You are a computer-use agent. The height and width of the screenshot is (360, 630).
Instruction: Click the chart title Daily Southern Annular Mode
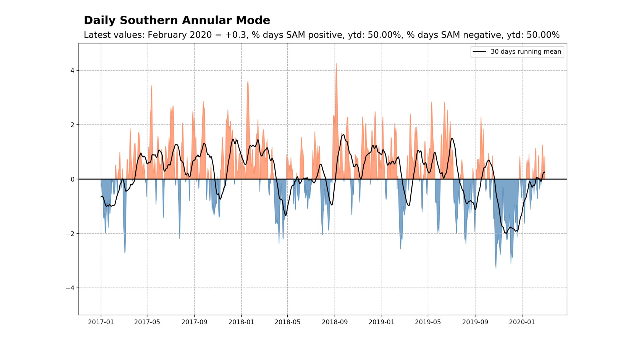coord(177,20)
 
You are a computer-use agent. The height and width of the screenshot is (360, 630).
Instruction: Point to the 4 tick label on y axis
coord(72,70)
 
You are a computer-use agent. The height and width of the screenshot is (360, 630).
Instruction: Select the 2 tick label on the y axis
coord(72,125)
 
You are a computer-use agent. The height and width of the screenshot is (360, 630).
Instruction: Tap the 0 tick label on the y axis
coord(72,179)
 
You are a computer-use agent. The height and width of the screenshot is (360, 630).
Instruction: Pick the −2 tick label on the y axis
coord(70,234)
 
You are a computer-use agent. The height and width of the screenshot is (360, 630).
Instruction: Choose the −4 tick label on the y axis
coord(70,288)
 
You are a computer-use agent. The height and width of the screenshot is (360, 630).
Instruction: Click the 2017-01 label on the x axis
coord(101,322)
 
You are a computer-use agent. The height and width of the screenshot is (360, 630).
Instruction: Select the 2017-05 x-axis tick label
coord(147,322)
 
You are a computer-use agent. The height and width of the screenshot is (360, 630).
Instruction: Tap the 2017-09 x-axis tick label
coord(194,322)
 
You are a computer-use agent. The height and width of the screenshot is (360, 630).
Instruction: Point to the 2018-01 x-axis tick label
coord(241,322)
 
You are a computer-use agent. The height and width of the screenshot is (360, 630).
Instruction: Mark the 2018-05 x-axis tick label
coord(287,322)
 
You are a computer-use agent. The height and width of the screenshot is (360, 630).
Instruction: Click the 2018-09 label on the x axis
coord(335,322)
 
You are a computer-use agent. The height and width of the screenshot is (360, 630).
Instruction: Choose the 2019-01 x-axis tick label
coord(382,322)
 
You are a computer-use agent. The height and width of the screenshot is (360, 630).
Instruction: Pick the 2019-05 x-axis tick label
coord(428,322)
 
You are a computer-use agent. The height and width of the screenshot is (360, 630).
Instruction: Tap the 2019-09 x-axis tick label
coord(475,322)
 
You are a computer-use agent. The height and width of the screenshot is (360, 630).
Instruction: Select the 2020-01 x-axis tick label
coord(522,322)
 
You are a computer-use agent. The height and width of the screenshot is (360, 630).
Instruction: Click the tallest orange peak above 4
coord(336,65)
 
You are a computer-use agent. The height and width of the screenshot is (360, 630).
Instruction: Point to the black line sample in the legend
coord(479,52)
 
